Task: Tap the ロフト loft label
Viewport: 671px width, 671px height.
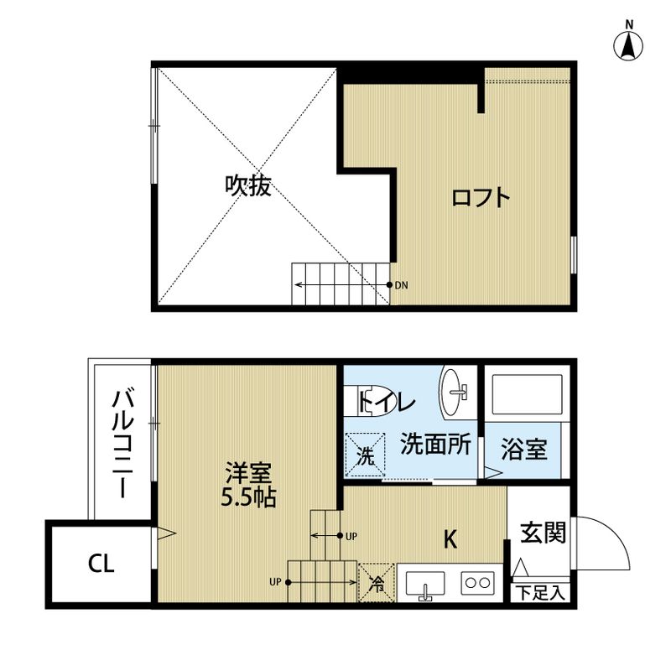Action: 481,198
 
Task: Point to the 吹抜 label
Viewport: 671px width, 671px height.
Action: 247,185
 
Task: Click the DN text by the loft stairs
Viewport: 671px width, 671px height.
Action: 402,285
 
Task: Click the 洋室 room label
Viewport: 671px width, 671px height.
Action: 247,471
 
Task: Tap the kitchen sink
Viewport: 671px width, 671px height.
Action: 425,584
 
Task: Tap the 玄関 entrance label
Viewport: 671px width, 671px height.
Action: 543,533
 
